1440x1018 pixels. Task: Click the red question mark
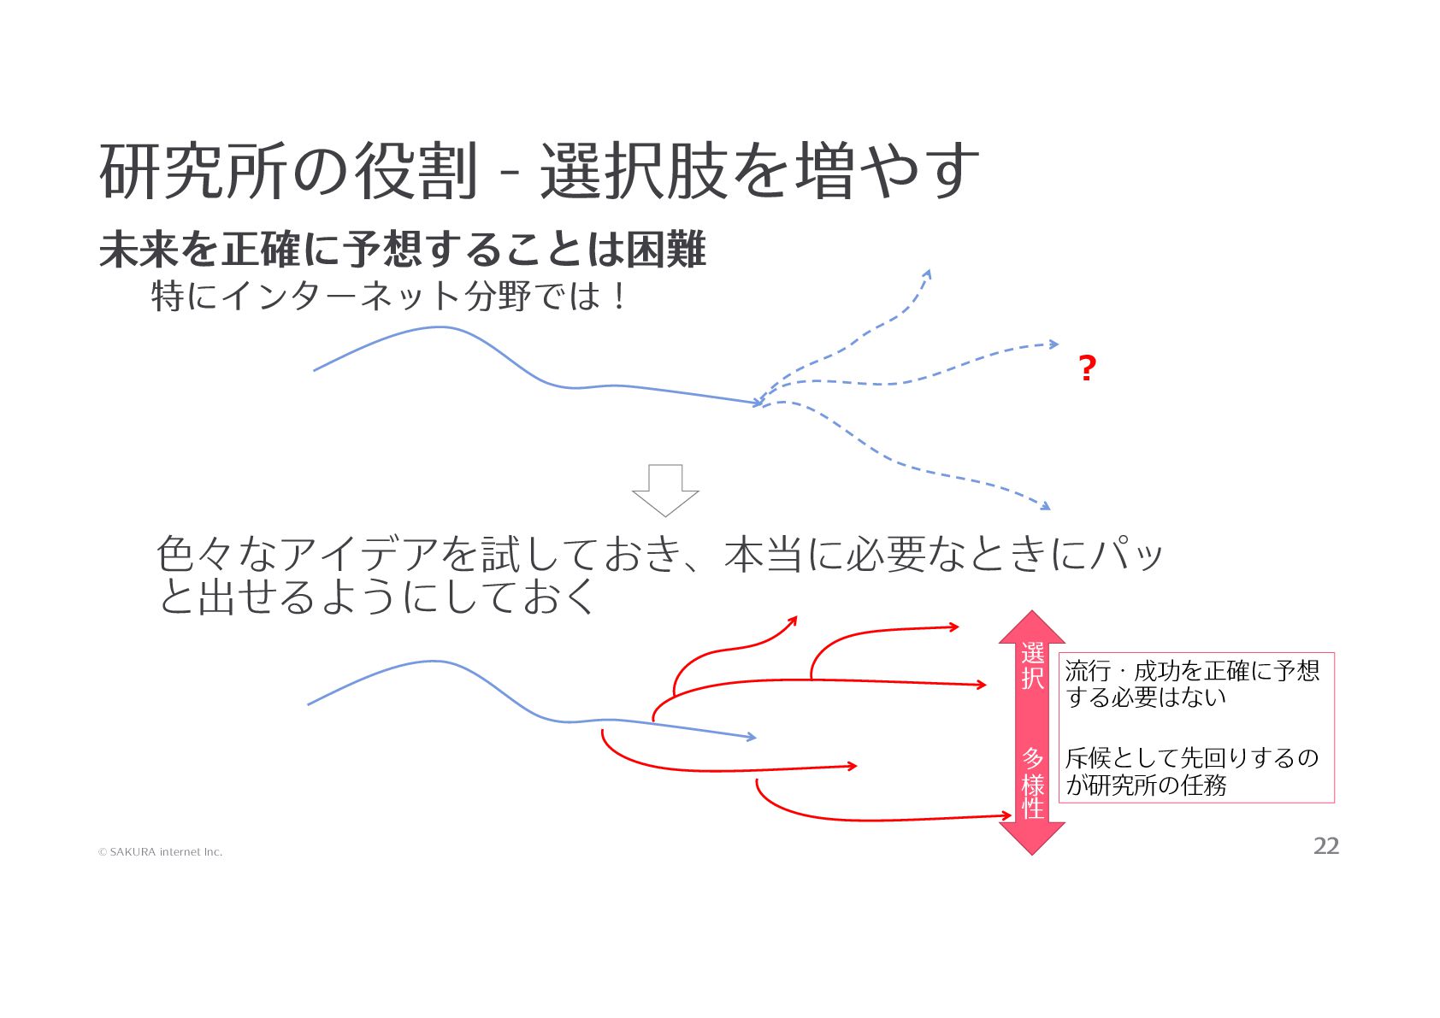point(1086,368)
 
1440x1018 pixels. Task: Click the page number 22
point(1325,846)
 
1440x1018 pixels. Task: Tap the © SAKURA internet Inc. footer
point(160,852)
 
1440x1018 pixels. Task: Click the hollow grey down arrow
point(665,491)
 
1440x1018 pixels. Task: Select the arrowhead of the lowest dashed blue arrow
point(1046,507)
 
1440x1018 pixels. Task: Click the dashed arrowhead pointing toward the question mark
point(1055,344)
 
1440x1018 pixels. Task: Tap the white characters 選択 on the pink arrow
point(1032,666)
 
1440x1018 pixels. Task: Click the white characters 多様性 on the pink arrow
point(1032,783)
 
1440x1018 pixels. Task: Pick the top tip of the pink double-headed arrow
point(1032,613)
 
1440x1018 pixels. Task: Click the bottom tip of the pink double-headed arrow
point(1032,853)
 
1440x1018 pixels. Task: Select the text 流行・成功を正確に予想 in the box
point(1192,671)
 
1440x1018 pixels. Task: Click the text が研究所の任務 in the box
point(1146,785)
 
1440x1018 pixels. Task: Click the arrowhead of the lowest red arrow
point(1008,816)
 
